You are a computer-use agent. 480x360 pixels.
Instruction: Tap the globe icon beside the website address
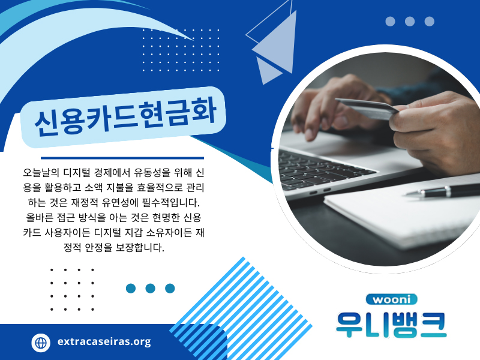click(41, 343)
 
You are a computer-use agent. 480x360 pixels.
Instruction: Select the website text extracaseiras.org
click(104, 342)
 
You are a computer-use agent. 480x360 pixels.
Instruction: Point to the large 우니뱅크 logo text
click(391, 325)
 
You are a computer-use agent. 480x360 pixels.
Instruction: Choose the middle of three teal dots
click(151, 289)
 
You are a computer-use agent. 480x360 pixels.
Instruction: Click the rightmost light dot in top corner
click(429, 22)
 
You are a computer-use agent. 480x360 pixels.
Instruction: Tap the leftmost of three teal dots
click(131, 289)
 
